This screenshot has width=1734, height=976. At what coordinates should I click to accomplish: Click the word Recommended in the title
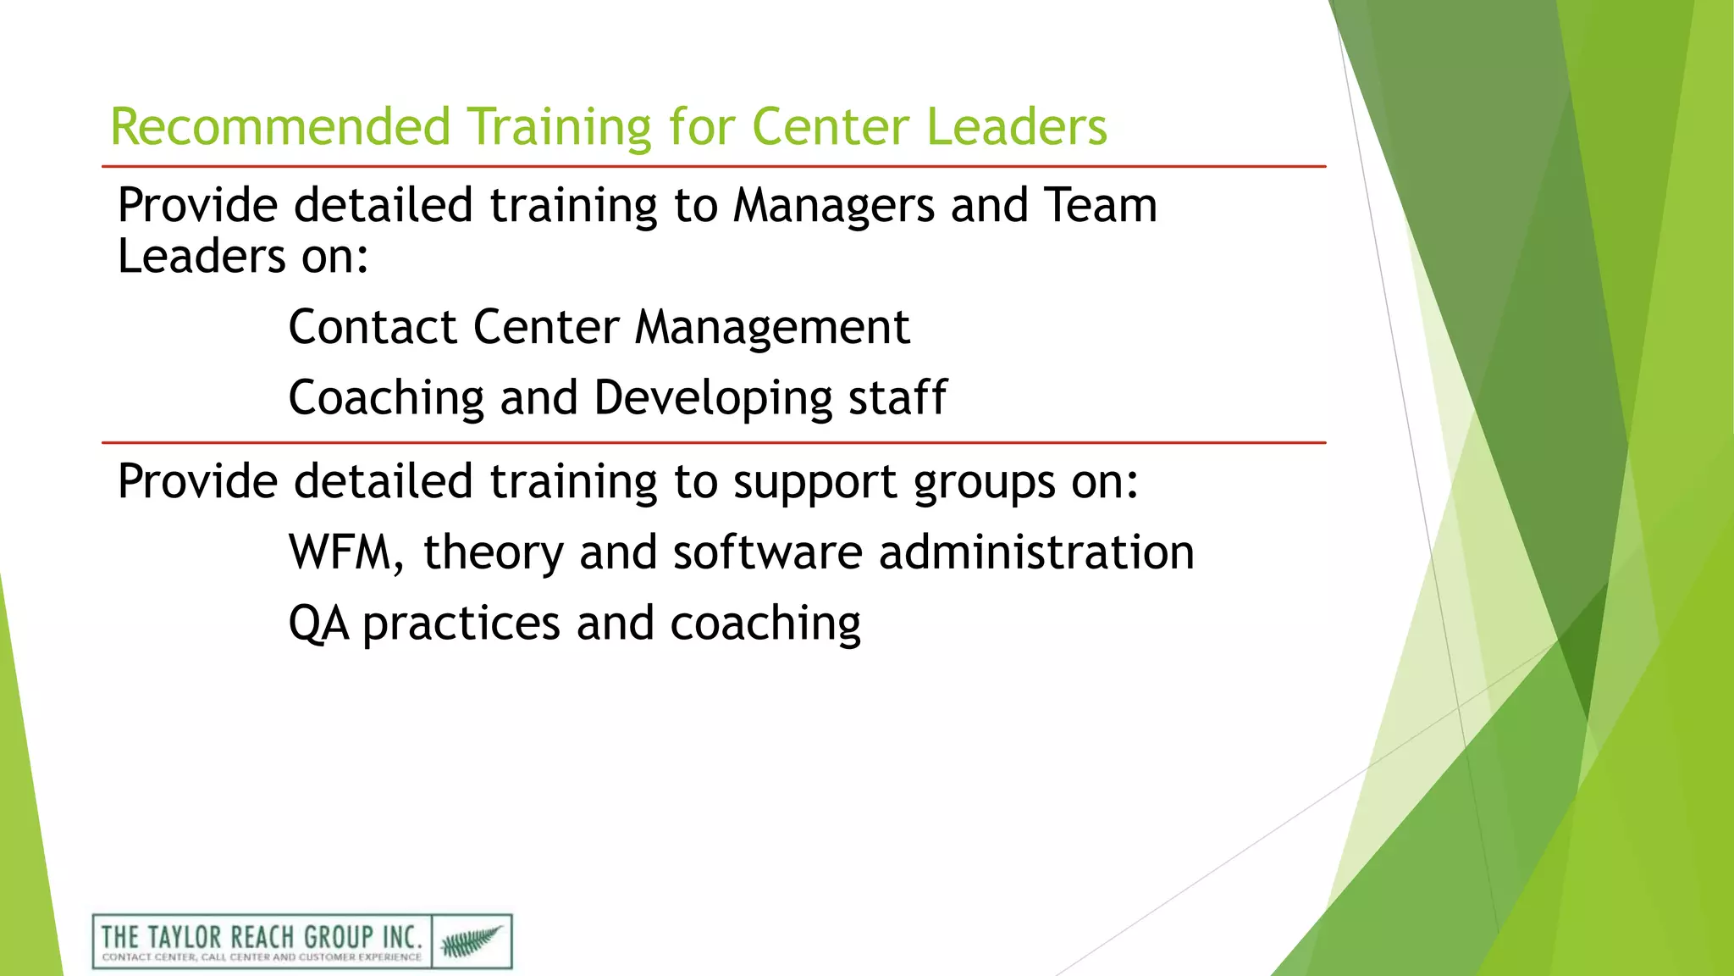point(279,127)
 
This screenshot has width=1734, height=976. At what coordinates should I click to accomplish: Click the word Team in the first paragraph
point(1100,206)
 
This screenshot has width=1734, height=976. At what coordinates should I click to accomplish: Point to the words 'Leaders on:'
point(243,257)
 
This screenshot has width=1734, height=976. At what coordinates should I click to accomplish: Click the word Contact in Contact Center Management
point(373,327)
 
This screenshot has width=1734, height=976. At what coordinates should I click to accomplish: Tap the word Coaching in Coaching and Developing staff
point(386,398)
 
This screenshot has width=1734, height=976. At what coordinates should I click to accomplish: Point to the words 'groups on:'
point(1026,483)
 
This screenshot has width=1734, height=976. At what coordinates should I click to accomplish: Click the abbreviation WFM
point(343,553)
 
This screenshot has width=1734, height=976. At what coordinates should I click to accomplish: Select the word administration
point(1036,553)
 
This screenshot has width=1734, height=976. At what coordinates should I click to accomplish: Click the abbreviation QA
point(318,624)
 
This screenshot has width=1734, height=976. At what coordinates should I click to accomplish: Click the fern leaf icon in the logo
point(471,941)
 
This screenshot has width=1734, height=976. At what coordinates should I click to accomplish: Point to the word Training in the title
point(559,127)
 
